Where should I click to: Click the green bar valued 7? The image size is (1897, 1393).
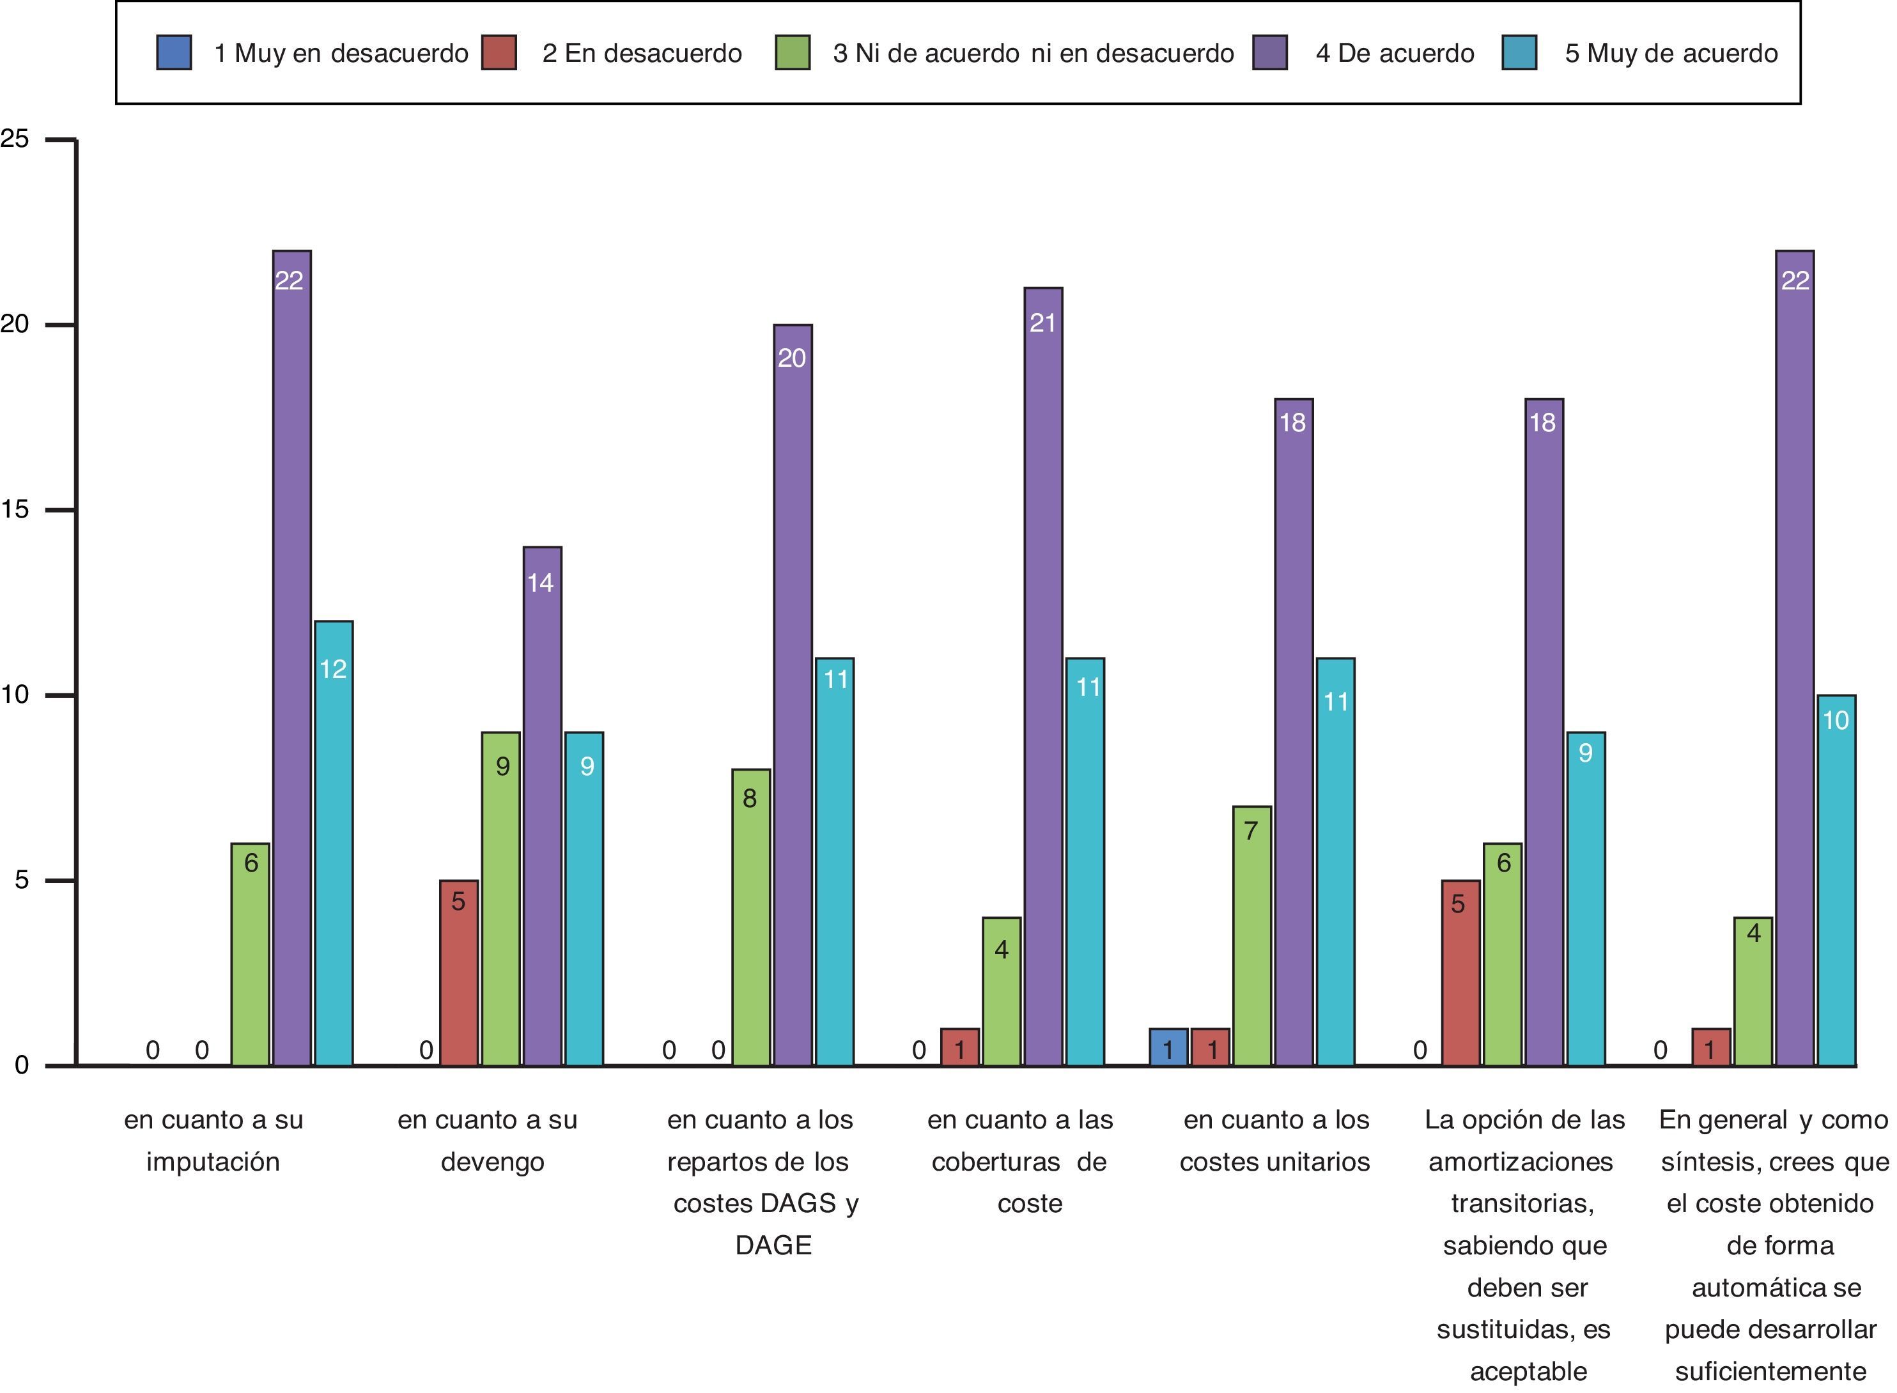1251,936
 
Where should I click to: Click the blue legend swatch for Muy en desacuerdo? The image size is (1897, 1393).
174,52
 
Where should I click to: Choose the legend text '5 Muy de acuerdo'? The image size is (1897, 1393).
1671,53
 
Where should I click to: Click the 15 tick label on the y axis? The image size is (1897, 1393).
15,509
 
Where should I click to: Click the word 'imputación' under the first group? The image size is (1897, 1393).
213,1162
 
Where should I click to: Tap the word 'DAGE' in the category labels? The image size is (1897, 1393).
773,1245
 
